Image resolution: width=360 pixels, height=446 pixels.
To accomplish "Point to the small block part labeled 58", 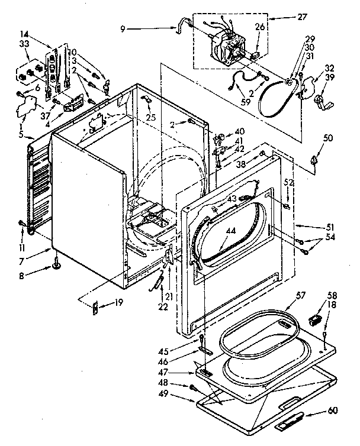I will [314, 320].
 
